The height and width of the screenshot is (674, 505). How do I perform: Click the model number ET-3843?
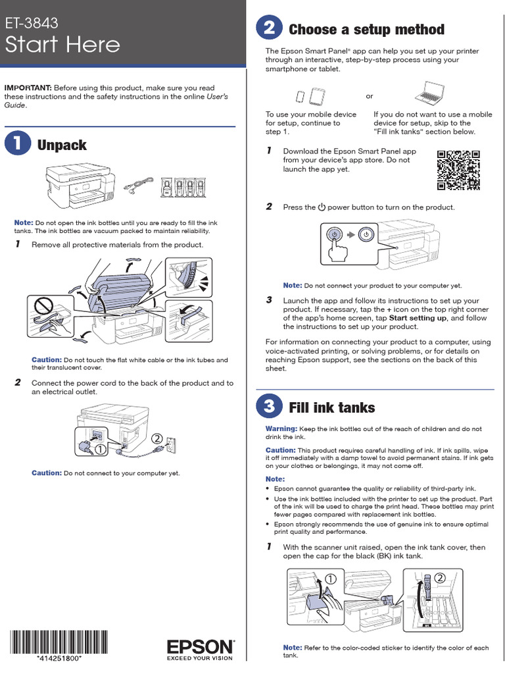click(32, 24)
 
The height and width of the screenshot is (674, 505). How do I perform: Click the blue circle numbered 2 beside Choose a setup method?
click(268, 29)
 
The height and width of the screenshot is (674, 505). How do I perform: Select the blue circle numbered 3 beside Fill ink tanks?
click(268, 407)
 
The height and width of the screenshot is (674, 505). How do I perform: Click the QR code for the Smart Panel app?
click(458, 169)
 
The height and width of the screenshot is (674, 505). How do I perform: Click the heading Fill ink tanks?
click(331, 407)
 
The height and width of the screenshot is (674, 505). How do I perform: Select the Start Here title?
click(63, 45)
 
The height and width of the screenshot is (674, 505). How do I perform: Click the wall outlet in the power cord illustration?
click(169, 446)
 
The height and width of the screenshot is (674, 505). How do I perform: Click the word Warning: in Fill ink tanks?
click(281, 428)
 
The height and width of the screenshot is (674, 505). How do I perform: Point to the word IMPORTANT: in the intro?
click(28, 88)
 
